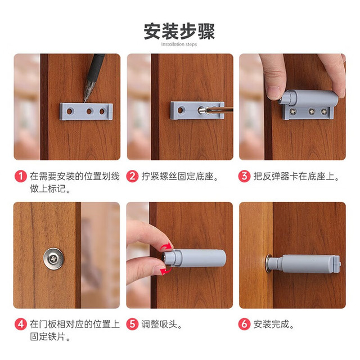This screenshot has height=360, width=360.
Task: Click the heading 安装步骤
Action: (179, 31)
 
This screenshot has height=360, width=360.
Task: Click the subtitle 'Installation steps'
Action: (179, 44)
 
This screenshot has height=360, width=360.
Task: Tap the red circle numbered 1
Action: (21, 176)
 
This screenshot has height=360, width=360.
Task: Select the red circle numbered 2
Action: (133, 176)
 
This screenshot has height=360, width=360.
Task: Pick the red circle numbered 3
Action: (244, 176)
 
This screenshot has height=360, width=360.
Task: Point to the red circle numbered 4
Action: (21, 324)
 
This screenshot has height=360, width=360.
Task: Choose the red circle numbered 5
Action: (133, 324)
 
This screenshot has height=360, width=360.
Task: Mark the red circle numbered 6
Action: (244, 324)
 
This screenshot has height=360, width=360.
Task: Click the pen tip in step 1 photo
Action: (85, 101)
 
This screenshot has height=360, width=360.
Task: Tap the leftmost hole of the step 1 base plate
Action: (69, 111)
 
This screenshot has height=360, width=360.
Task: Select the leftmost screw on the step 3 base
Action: (292, 111)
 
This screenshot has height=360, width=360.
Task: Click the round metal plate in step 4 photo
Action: (54, 259)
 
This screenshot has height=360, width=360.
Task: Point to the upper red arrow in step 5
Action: (166, 246)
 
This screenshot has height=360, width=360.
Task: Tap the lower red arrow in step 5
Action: (166, 271)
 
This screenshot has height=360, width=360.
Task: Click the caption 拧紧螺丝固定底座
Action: (179, 177)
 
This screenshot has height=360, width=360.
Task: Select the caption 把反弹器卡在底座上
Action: (296, 177)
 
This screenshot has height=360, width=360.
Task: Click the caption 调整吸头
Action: (161, 325)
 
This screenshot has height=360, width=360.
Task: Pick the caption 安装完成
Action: (274, 325)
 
